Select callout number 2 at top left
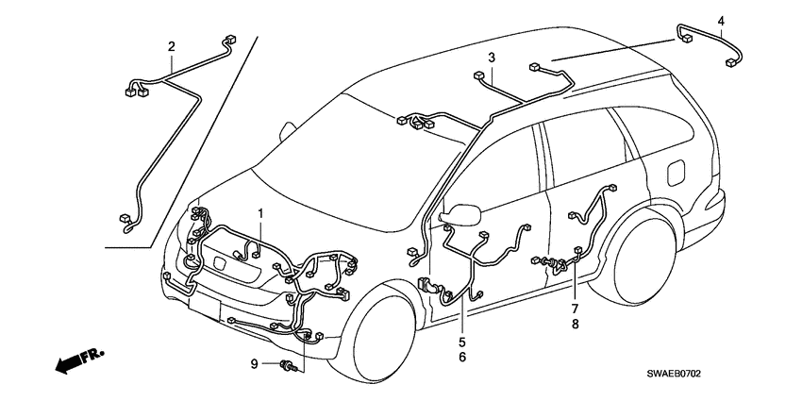(x=171, y=46)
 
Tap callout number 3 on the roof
(x=492, y=58)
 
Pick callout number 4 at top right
(x=721, y=21)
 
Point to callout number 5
(x=462, y=342)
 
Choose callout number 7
(x=573, y=309)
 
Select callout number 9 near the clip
(x=254, y=363)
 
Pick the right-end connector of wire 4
(x=731, y=63)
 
